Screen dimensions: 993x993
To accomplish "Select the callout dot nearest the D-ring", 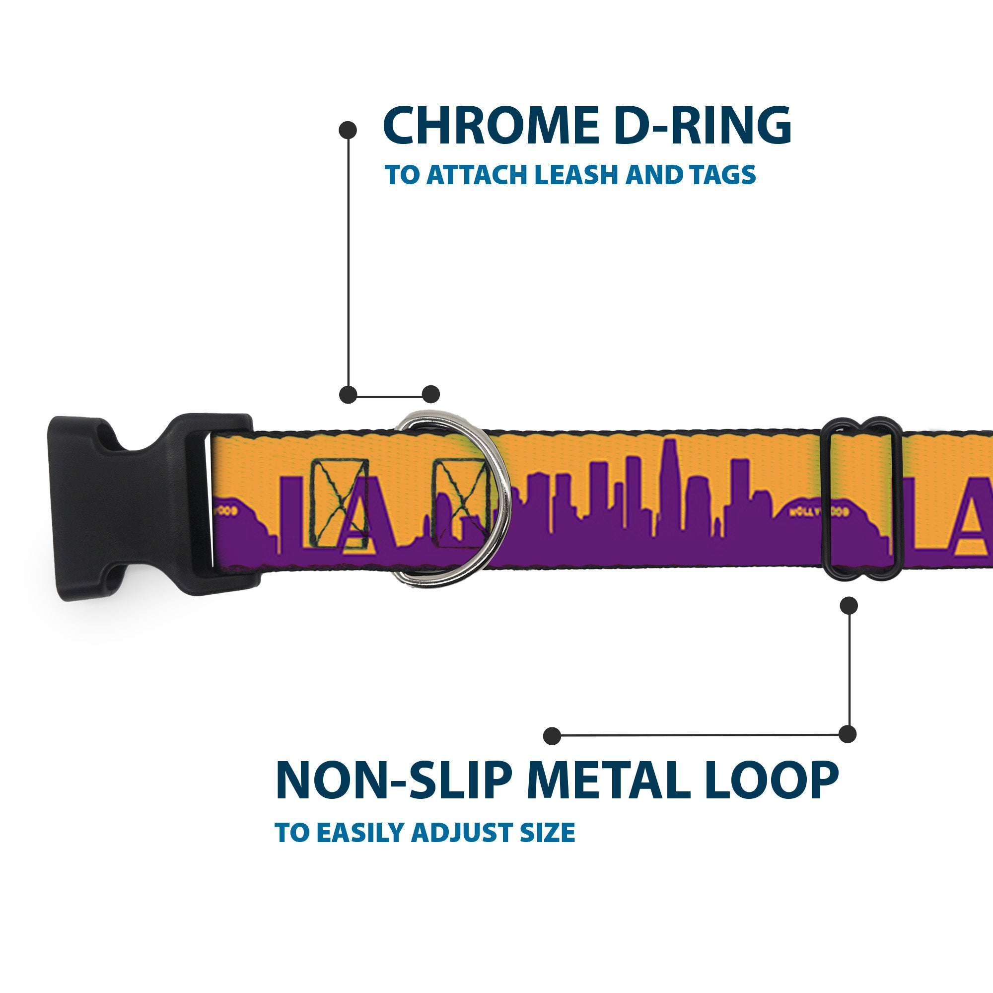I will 430,394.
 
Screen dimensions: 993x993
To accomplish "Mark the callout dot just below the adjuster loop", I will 849,605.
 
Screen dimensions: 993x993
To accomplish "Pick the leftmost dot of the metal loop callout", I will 552,735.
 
